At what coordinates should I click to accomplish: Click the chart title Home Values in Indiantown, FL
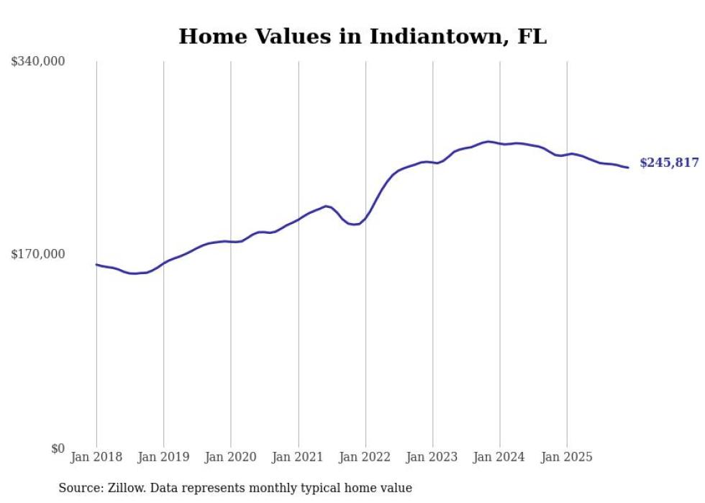click(x=363, y=37)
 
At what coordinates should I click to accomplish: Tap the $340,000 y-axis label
click(x=38, y=62)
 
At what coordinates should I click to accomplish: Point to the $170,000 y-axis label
click(x=38, y=254)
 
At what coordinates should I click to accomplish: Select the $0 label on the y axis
click(x=58, y=448)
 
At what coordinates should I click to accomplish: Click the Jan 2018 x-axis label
click(x=96, y=457)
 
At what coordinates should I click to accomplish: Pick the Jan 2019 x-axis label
click(x=163, y=457)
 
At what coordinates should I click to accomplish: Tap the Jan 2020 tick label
click(x=231, y=457)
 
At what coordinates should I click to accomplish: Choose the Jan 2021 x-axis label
click(x=298, y=457)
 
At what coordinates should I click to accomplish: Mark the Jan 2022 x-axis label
click(x=365, y=457)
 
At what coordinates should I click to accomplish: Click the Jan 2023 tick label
click(x=432, y=457)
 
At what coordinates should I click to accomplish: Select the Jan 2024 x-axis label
click(x=500, y=457)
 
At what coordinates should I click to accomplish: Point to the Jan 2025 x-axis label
click(x=567, y=457)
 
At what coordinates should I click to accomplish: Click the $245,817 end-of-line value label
click(x=669, y=163)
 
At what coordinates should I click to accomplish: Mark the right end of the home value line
click(x=628, y=168)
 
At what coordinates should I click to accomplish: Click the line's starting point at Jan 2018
click(x=96, y=265)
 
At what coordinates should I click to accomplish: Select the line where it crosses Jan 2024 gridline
click(x=500, y=144)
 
